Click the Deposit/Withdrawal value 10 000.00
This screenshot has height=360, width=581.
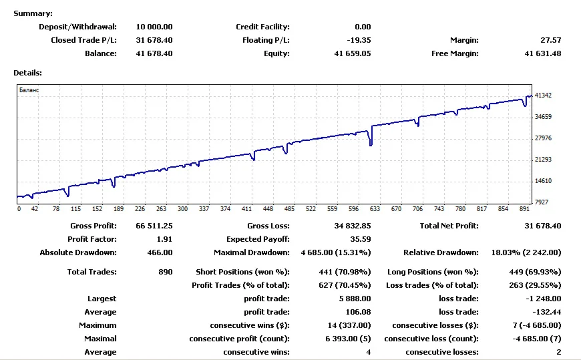(154, 27)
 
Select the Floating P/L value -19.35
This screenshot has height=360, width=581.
(358, 40)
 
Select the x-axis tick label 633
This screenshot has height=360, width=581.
(374, 208)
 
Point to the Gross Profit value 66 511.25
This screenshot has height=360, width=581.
(154, 226)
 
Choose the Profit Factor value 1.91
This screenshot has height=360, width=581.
(164, 239)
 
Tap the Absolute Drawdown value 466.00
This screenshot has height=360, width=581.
(160, 252)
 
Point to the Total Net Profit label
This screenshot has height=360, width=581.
(449, 226)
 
